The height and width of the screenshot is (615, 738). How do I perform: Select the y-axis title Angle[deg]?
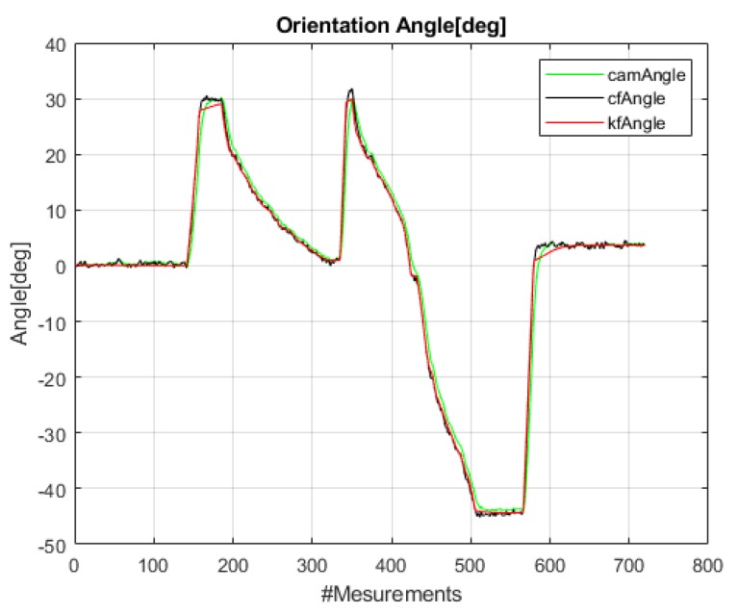coord(21,293)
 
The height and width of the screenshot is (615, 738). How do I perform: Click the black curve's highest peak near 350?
coord(351,90)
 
